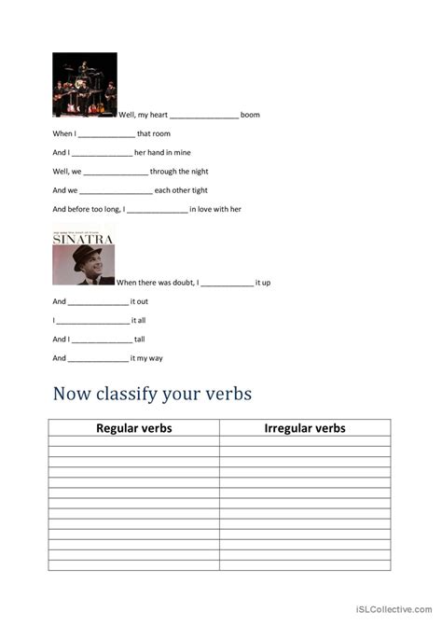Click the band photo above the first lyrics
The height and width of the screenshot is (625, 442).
click(85, 84)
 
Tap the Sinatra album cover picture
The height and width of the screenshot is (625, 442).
click(84, 254)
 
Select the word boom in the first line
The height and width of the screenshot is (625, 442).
click(250, 115)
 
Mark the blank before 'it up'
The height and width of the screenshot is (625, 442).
click(227, 283)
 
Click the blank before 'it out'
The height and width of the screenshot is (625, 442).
click(98, 302)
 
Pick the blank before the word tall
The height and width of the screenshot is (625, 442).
click(102, 340)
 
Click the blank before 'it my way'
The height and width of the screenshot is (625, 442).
click(98, 358)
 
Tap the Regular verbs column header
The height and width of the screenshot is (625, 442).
click(134, 428)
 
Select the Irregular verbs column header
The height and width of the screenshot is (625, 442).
click(305, 428)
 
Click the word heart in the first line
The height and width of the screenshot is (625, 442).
click(155, 115)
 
